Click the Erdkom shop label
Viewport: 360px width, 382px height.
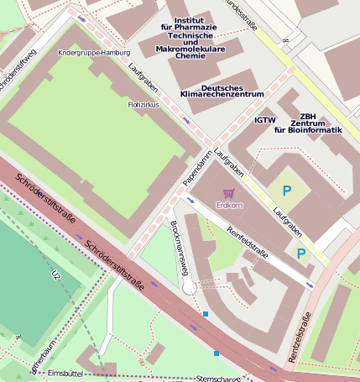pos(229,205)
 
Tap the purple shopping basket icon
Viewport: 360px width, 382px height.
pos(229,193)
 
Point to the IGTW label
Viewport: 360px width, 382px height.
pos(265,120)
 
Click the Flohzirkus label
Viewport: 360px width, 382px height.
pos(143,106)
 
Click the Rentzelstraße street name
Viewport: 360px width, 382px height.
pos(300,337)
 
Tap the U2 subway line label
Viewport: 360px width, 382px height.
pos(57,275)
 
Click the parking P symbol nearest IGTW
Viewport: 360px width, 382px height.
pos(286,191)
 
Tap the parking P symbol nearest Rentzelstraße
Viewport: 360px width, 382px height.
pos(300,252)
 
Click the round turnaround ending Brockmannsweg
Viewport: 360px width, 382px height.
pos(190,288)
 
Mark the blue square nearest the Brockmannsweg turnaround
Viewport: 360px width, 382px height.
pos(206,314)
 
